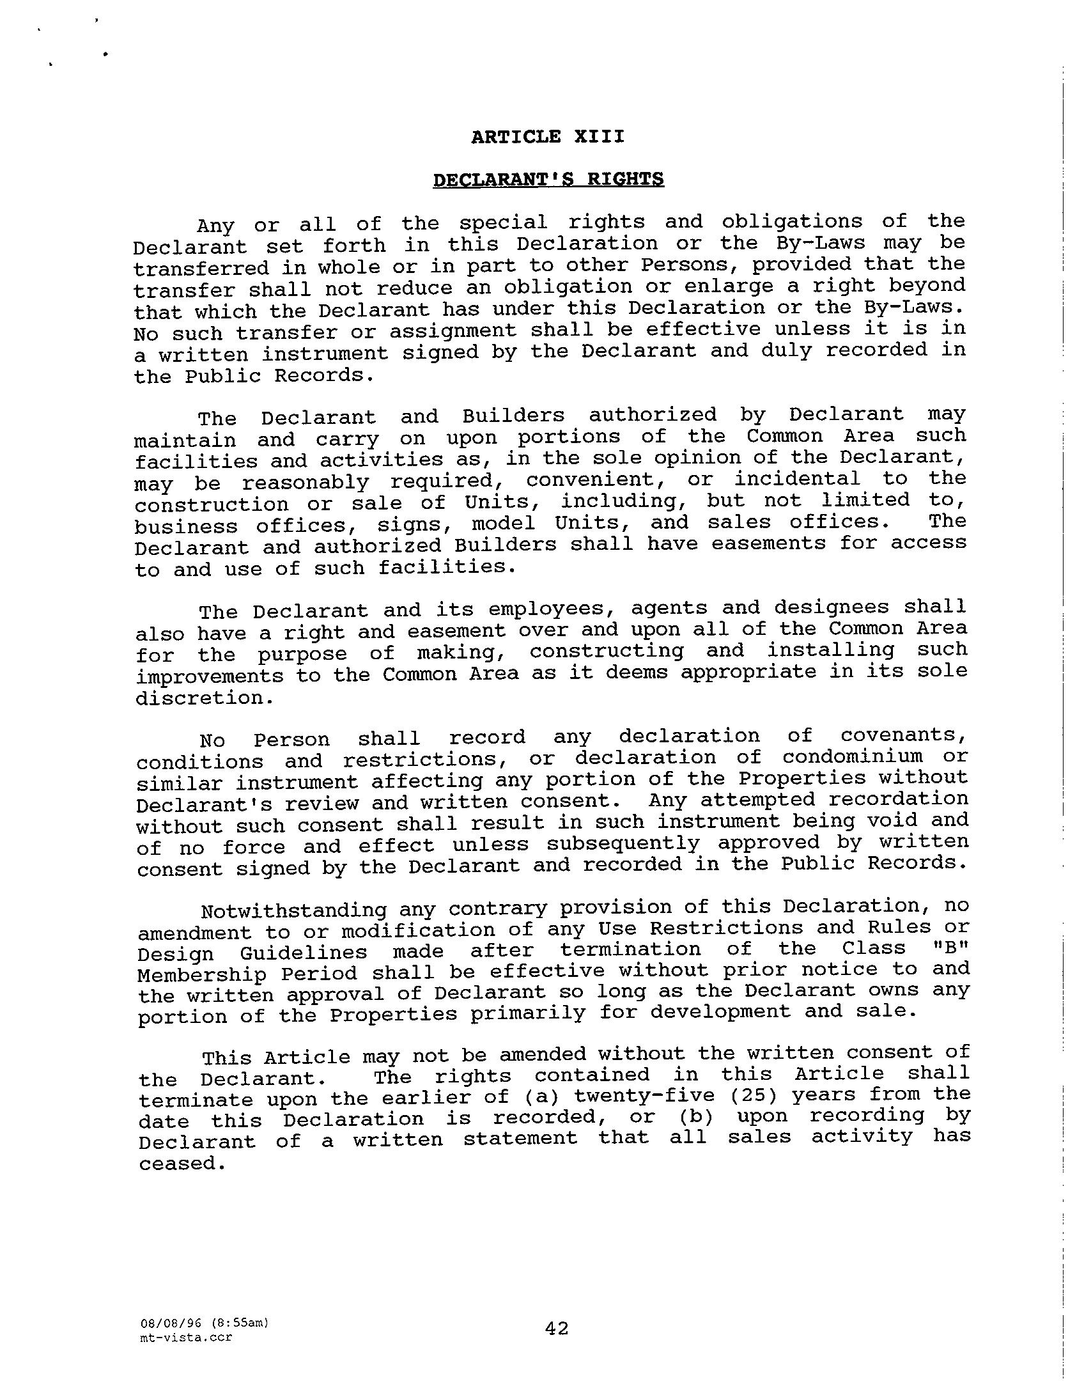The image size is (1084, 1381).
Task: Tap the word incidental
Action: coord(796,479)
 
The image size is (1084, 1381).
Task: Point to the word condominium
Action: coord(853,757)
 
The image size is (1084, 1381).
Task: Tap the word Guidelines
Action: coord(304,953)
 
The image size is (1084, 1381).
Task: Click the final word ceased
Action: coord(182,1164)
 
